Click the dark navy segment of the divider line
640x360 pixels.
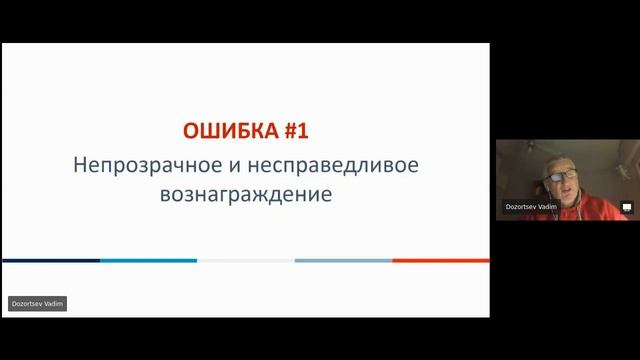click(50, 260)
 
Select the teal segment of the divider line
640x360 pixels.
click(148, 260)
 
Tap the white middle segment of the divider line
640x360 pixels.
click(245, 260)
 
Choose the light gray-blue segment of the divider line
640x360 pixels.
click(343, 260)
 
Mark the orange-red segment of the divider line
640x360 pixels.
click(441, 260)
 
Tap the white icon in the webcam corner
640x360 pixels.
click(627, 208)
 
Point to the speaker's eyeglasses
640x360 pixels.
click(556, 176)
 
